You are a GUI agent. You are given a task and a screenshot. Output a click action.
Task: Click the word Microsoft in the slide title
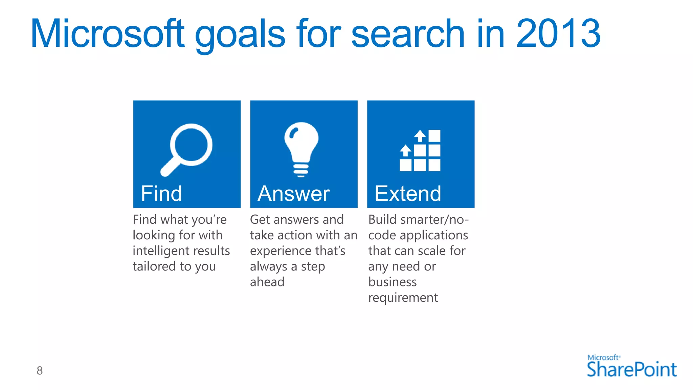coord(108,34)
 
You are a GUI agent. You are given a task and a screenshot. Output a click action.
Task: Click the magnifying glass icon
coord(187,149)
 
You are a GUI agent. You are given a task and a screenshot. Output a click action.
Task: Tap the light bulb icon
coord(301,149)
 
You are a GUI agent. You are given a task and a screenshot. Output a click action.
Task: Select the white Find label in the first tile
coord(161,194)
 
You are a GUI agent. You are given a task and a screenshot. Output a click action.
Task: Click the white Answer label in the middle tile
coord(293,194)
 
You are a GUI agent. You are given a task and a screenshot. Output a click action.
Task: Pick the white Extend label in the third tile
coord(408,194)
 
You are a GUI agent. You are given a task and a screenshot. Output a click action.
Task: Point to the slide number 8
coord(40,371)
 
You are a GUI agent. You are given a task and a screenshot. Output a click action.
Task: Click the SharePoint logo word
coord(631,369)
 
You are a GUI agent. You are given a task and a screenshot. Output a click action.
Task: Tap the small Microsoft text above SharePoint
coord(603,357)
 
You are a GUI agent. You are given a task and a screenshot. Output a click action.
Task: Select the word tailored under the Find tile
coord(154,266)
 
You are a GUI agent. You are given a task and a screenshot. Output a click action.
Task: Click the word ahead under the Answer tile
coord(267,282)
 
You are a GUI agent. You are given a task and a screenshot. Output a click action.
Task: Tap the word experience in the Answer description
coord(279,251)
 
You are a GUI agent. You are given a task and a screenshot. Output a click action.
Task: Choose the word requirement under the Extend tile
coord(403,298)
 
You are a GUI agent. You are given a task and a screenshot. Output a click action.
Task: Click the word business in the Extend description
coord(392,282)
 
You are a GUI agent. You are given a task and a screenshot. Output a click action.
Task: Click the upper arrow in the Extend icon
coord(420,135)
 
